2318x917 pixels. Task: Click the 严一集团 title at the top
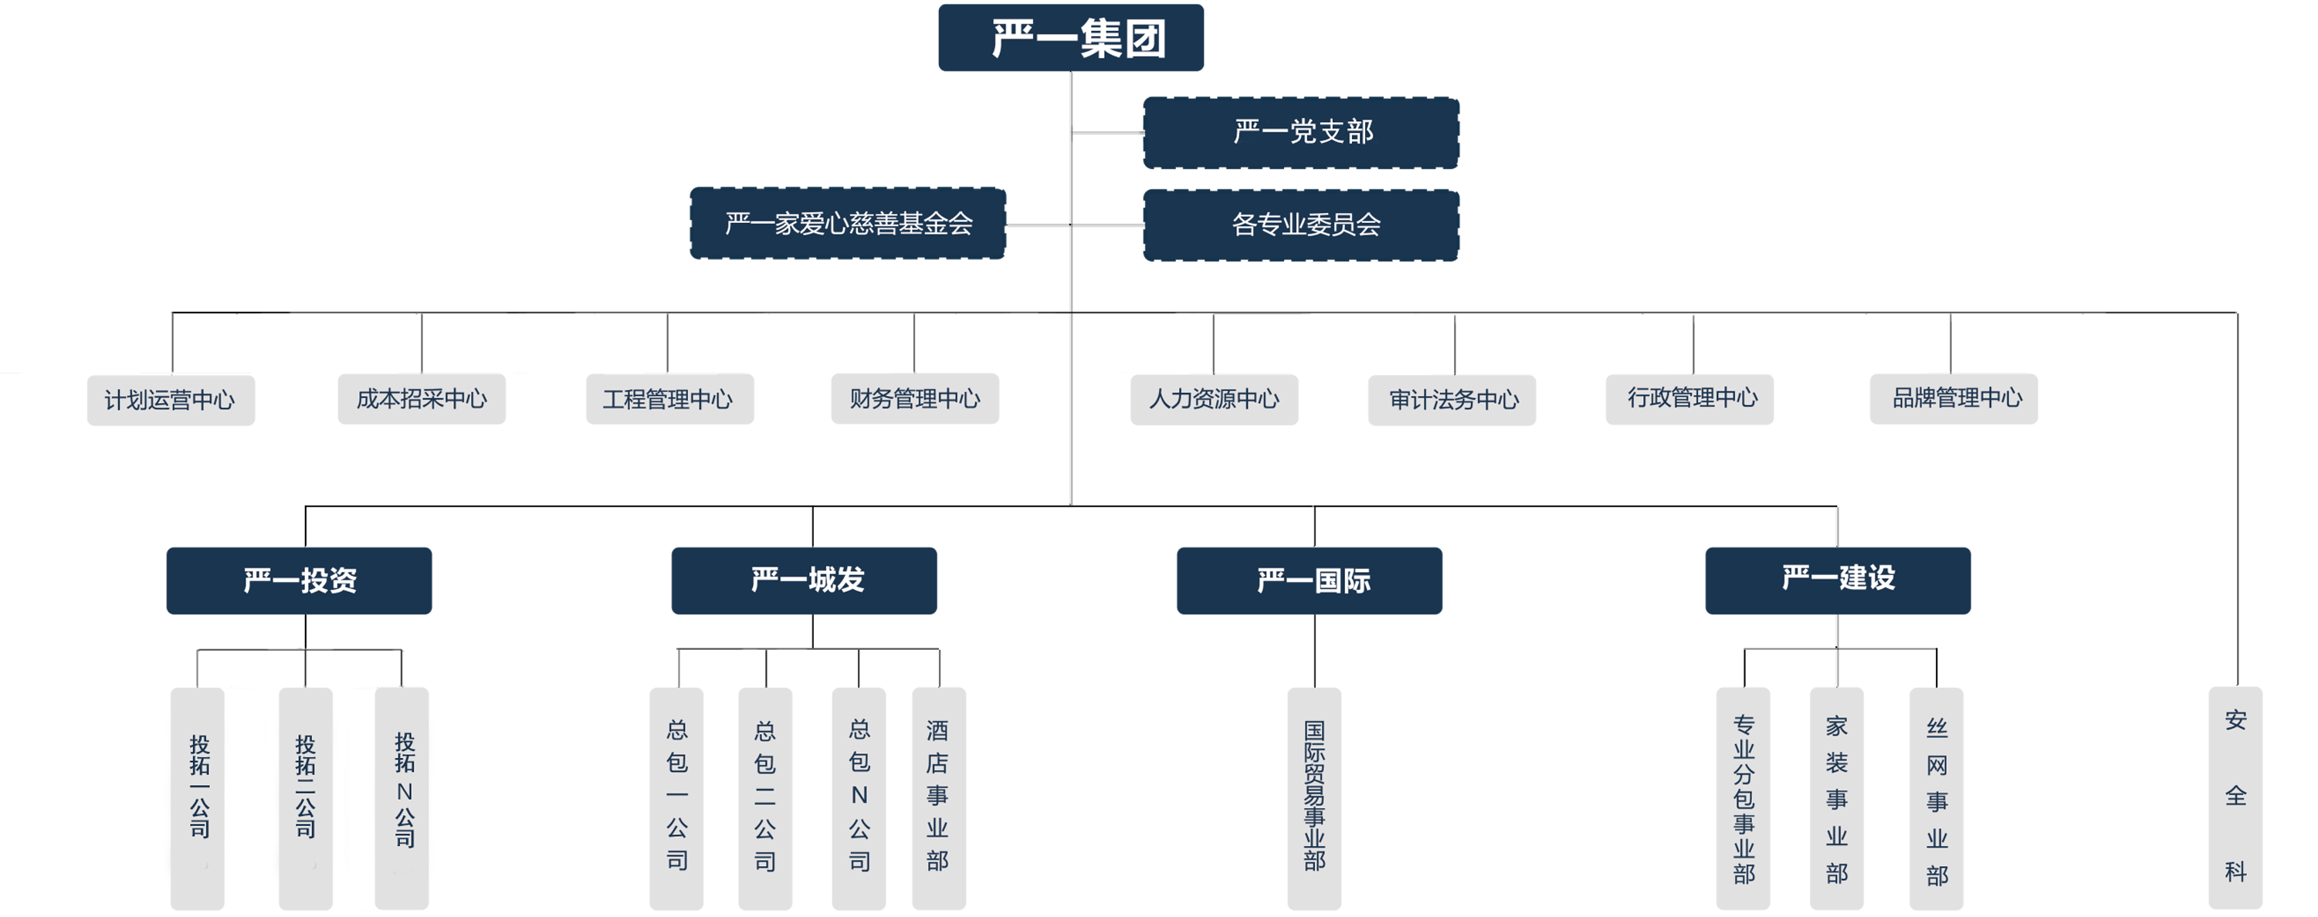1078,39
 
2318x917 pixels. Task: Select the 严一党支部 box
1302,132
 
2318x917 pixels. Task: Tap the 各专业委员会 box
1305,224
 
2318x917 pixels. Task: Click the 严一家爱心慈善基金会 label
849,223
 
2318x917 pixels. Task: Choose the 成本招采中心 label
421,398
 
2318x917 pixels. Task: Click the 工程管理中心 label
667,398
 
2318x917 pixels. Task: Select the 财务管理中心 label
914,398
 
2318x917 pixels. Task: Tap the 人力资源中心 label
1213,398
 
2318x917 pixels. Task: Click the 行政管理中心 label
1692,398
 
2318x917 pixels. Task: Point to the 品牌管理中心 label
1957,398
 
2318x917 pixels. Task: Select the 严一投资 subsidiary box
300,580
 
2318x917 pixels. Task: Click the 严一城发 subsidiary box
807,580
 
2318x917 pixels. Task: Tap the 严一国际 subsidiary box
1313,580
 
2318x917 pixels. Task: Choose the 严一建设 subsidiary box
1838,577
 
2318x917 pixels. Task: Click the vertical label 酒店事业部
937,794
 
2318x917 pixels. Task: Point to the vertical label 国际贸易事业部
1313,794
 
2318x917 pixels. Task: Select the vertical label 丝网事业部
1937,801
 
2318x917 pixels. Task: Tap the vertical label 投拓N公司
405,790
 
